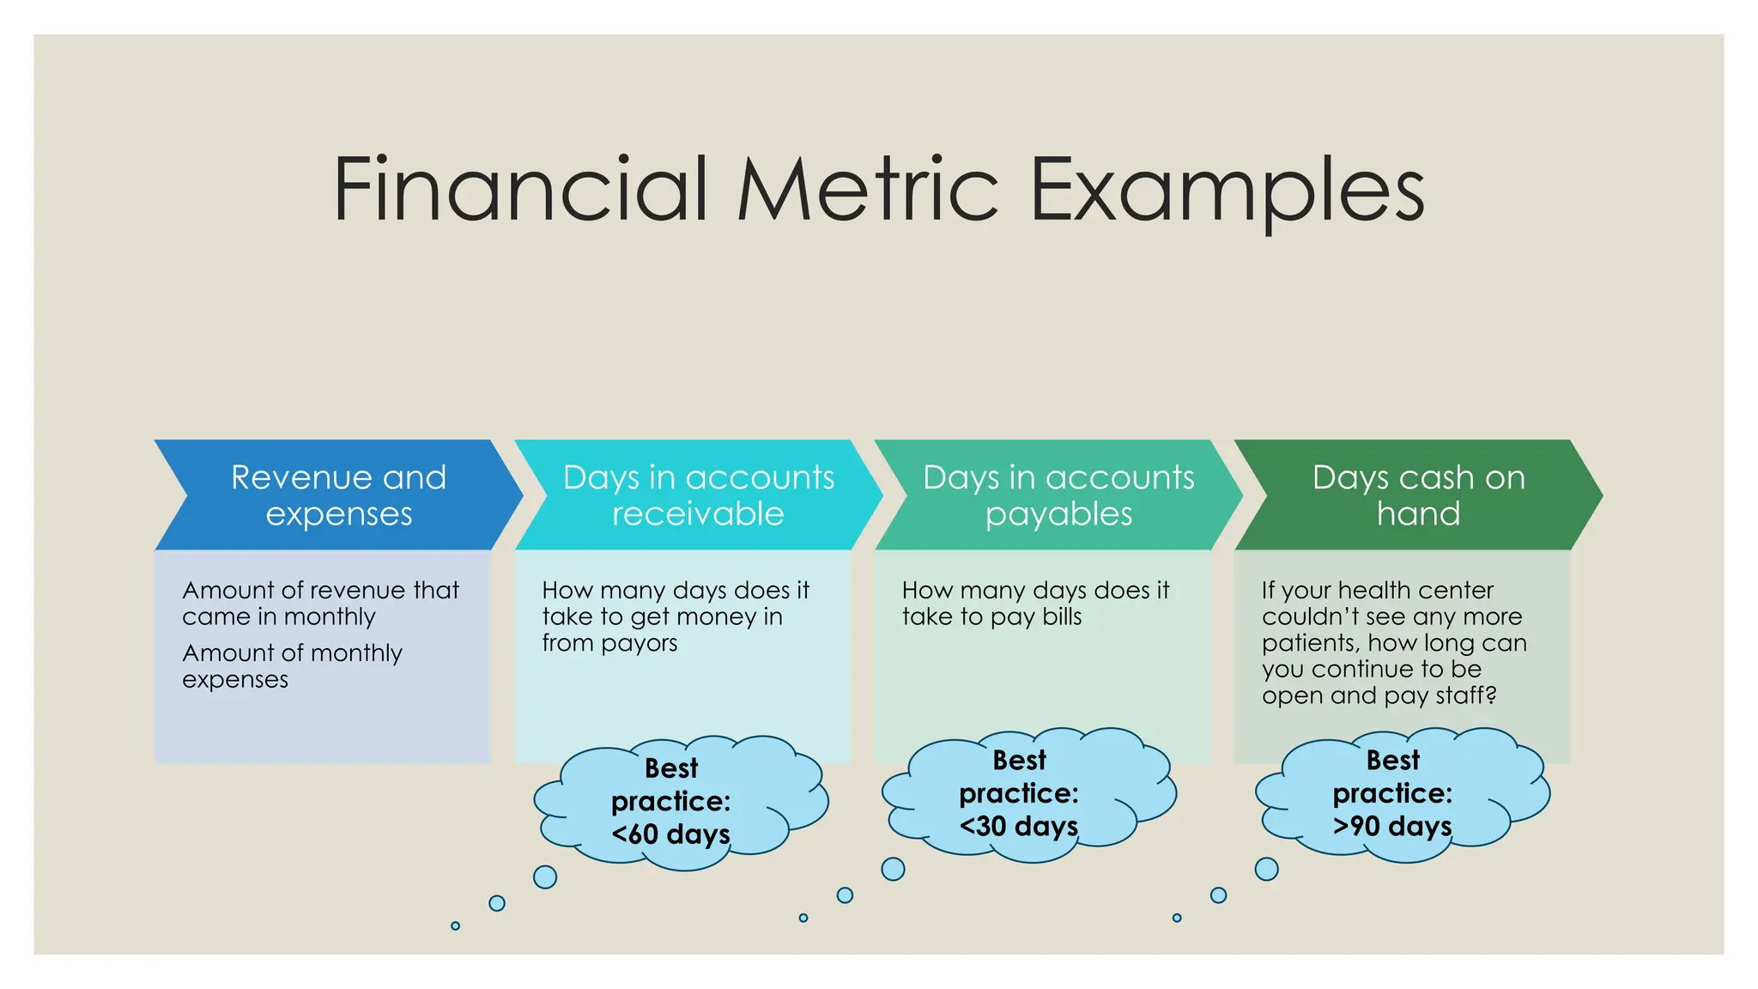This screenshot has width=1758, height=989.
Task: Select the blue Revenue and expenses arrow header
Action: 338,495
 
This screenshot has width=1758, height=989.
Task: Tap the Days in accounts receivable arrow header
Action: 698,495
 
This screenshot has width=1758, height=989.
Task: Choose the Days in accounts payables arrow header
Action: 1058,495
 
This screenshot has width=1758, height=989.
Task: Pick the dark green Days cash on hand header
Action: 1418,495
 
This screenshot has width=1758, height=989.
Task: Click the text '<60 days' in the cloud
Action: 670,834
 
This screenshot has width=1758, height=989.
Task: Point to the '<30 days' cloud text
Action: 1018,826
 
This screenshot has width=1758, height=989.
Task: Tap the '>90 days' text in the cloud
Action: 1391,826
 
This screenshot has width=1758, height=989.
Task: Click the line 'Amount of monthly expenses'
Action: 292,665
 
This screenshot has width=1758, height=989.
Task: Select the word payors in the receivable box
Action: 640,643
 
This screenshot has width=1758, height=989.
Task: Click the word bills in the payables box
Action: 1061,616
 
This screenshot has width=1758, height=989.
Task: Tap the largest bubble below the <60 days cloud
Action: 545,877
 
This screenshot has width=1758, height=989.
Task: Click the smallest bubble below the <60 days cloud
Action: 455,925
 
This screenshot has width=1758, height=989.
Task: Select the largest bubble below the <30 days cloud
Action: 893,869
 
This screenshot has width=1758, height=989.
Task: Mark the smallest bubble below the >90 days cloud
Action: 1177,918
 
